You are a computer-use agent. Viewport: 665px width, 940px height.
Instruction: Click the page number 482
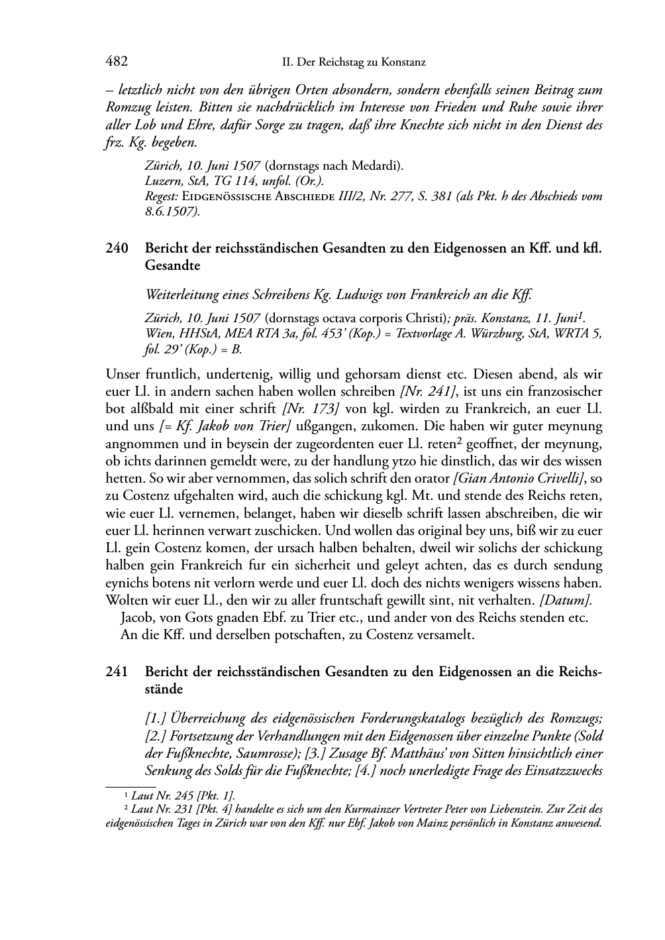116,62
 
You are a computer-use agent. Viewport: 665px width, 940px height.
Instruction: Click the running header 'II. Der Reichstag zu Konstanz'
354,62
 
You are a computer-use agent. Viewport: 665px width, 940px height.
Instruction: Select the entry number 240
116,249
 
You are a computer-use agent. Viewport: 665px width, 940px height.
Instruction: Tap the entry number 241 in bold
116,672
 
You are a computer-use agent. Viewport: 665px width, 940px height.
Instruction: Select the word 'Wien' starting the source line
157,333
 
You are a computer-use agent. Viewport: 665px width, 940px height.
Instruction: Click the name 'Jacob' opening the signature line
136,617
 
